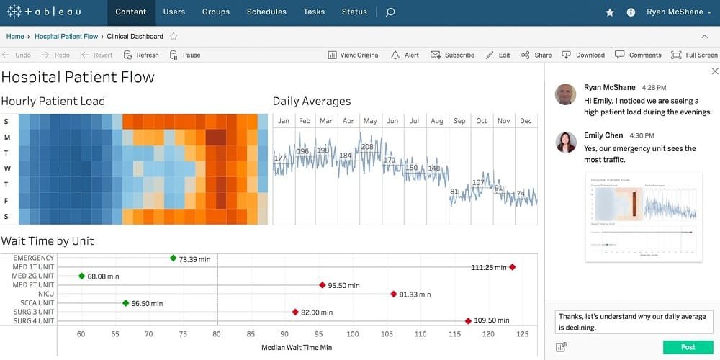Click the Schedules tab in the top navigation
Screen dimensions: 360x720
(x=266, y=12)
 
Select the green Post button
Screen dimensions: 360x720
(x=688, y=347)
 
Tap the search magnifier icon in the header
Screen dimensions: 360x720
(x=390, y=12)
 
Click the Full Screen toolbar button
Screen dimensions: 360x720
(x=694, y=55)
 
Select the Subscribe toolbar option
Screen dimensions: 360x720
(x=453, y=55)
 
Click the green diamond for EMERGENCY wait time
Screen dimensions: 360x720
(x=174, y=258)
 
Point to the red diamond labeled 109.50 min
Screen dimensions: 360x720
(x=468, y=321)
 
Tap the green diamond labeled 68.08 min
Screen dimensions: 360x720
(x=82, y=276)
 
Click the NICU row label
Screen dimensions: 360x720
(x=45, y=294)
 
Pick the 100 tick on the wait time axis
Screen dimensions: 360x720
(x=352, y=334)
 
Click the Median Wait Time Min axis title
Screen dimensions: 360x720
(x=297, y=348)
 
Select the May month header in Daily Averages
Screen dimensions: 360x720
(x=370, y=121)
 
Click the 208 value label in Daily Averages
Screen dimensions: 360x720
(x=367, y=147)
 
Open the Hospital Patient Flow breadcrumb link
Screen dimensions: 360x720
(x=66, y=36)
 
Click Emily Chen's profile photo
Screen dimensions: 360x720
(x=566, y=142)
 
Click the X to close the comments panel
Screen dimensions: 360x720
(x=714, y=71)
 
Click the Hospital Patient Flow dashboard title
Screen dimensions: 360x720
(x=78, y=77)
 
